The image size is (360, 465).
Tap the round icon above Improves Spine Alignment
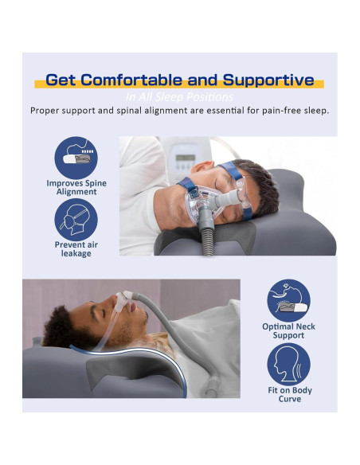coord(76,157)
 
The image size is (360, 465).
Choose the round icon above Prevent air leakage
coord(76,218)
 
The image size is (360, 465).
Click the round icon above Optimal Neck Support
coord(288,299)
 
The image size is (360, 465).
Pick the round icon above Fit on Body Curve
coord(288,363)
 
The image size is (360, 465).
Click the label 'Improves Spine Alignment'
coord(76,187)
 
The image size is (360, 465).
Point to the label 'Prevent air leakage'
coord(76,248)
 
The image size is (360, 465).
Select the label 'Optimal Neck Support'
coord(288,330)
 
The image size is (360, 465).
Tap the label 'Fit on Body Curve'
coord(289,394)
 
